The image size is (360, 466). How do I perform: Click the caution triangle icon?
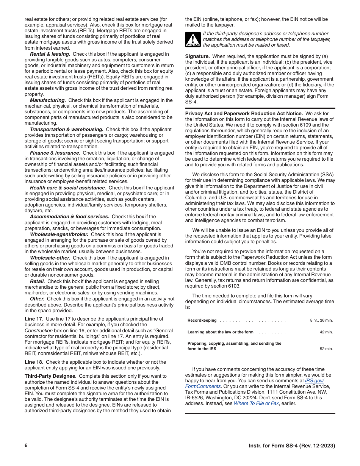click(x=193, y=39)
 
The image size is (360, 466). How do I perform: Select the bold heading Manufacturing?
click(x=48, y=100)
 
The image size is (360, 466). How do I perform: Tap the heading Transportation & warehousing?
click(x=66, y=130)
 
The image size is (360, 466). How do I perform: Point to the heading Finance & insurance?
click(x=55, y=153)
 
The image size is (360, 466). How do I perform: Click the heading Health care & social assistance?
click(x=68, y=188)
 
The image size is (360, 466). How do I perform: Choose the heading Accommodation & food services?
click(x=69, y=217)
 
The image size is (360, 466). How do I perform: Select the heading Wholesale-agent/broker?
click(x=59, y=234)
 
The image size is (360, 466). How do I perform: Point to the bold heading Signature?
click(x=197, y=56)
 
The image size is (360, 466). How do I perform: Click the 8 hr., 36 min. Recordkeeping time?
click(x=321, y=321)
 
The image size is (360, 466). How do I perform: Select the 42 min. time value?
click(x=326, y=332)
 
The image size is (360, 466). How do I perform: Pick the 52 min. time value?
click(x=326, y=349)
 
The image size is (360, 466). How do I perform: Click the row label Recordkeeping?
click(x=202, y=321)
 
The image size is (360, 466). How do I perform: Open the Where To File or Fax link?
click(x=256, y=403)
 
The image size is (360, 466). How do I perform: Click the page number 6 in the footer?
click(x=26, y=446)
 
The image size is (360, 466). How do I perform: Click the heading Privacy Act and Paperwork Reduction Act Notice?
click(x=244, y=114)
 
